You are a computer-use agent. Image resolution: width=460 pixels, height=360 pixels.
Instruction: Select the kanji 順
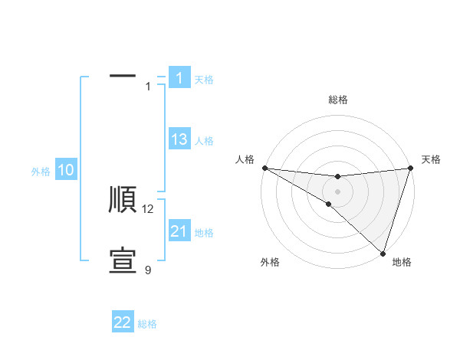(123, 200)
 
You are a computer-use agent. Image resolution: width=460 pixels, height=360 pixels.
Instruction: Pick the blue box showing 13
(179, 139)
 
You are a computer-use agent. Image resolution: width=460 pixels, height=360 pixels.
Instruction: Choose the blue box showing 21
(179, 231)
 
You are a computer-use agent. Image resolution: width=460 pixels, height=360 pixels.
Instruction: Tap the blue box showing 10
(66, 170)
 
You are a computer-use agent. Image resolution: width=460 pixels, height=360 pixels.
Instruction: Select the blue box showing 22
(123, 322)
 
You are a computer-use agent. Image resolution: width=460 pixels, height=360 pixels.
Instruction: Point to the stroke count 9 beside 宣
(148, 270)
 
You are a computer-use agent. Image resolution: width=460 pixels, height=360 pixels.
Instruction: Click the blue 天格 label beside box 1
(204, 79)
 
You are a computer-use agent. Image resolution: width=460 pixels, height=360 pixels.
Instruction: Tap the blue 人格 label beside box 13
(204, 141)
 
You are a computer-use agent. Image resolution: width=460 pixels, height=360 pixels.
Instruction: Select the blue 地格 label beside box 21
(204, 233)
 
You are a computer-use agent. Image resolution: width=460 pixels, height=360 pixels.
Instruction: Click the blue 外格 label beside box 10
(41, 172)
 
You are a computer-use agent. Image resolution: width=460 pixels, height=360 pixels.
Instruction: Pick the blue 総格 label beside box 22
(147, 324)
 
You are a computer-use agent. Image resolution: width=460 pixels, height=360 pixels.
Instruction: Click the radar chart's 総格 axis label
(337, 100)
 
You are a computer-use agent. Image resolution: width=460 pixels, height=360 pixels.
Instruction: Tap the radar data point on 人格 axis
(264, 168)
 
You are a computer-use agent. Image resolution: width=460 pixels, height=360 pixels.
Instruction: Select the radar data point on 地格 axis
(383, 253)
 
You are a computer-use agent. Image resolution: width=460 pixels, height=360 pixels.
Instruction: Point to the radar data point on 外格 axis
(328, 204)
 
